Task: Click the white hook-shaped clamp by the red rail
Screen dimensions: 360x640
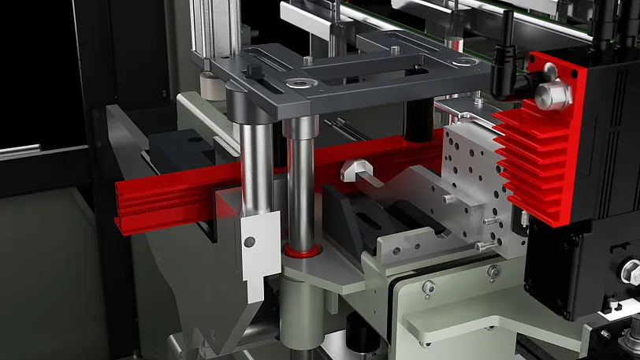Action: pos(355,169)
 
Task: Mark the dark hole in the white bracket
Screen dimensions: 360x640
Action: pos(250,241)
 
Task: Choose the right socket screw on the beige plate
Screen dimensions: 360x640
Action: pos(493,272)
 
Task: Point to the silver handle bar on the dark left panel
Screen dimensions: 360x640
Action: pos(20,150)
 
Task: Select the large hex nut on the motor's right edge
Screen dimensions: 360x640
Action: pos(631,273)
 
